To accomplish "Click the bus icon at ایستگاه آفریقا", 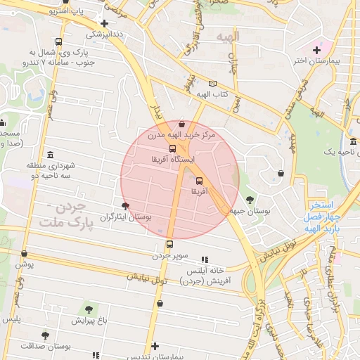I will pos(173,148).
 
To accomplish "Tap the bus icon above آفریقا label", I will pos(198,181).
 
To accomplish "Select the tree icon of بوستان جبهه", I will pos(250,200).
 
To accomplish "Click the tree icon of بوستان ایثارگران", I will pos(125,206).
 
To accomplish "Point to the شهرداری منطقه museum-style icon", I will pos(49,155).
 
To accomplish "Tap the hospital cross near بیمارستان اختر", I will pos(317,49).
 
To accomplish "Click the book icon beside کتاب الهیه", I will pos(213,84).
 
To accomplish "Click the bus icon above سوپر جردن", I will pos(169,244).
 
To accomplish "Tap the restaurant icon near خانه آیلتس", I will pos(205,259).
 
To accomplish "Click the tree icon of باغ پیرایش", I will pos(89,309).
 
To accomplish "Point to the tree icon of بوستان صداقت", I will pos(46,335).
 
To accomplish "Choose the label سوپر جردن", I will pos(169,255).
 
